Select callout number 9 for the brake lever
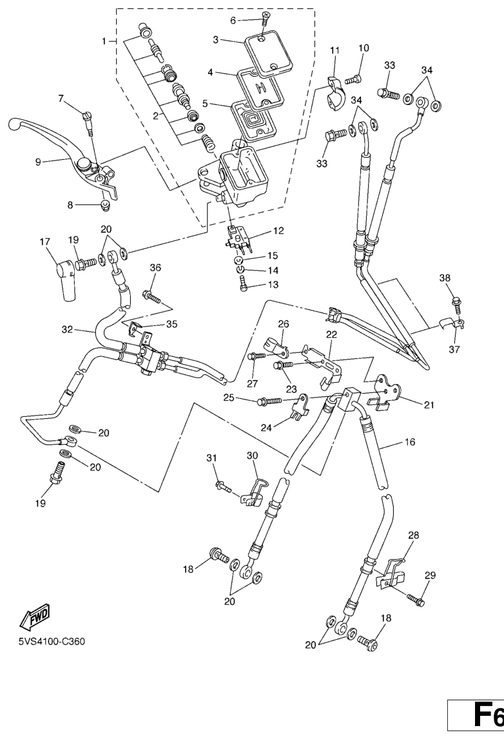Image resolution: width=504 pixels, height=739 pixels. [38, 162]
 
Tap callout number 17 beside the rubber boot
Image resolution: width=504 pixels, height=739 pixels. [44, 242]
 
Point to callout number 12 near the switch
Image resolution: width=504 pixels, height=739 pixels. [278, 230]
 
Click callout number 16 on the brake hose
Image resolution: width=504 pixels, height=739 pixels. [410, 443]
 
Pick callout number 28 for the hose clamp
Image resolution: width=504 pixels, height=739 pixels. [413, 535]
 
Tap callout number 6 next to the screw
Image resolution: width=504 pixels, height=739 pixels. [233, 21]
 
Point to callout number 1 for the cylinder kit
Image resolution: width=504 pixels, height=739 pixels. [104, 41]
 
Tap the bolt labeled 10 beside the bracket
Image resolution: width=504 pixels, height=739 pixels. [352, 80]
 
